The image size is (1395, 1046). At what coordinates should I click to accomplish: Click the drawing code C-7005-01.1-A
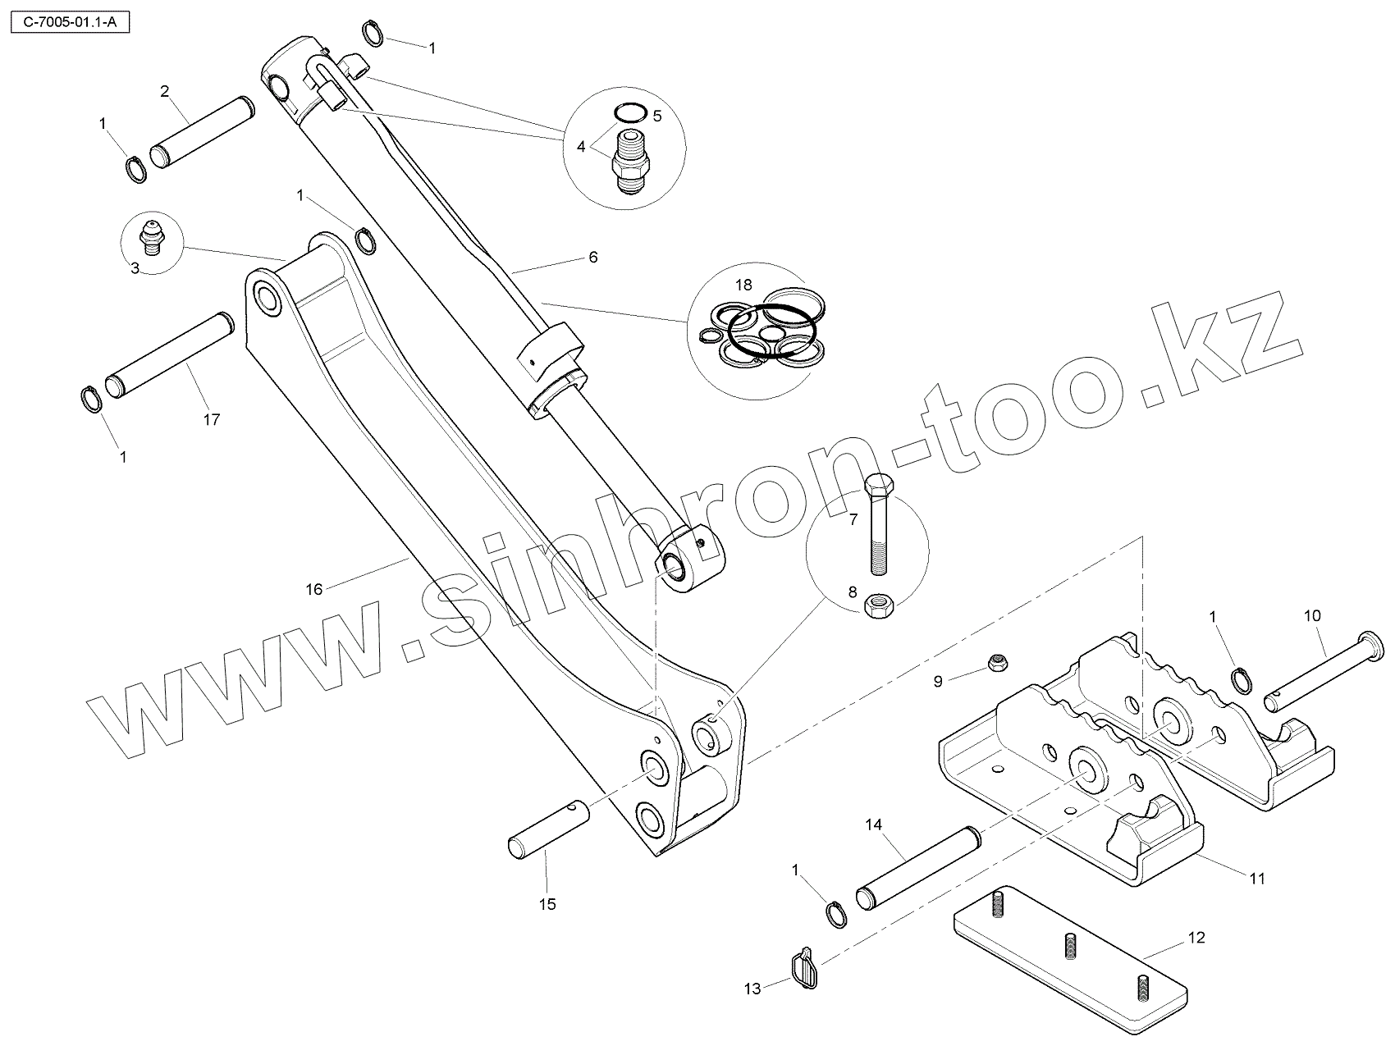coord(70,21)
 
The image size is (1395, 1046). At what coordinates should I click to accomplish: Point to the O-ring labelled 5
coord(630,112)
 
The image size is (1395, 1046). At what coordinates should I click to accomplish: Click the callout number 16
coord(314,588)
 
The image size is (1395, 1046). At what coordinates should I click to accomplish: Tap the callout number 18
coord(743,285)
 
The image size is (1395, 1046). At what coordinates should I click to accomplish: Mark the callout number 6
coord(592,258)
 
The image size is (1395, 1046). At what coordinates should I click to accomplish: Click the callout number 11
coord(1256,879)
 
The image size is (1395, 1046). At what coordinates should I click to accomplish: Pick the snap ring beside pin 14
coord(836,915)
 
